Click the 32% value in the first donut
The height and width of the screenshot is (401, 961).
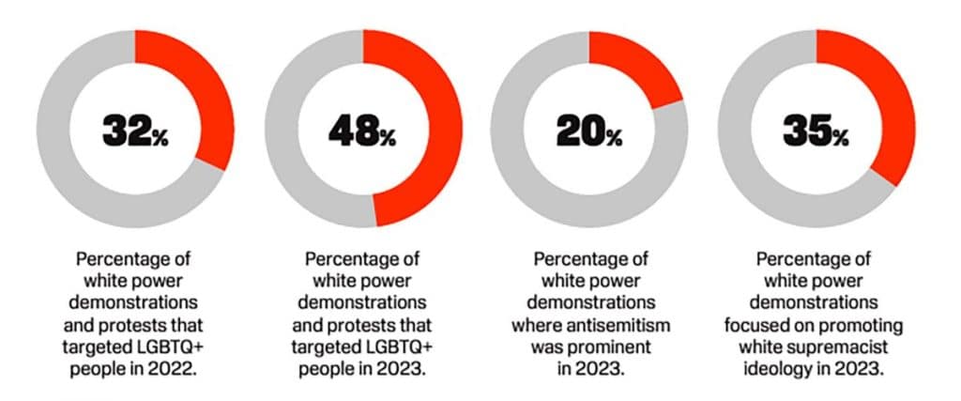(x=135, y=131)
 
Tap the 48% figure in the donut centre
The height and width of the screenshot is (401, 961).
(x=362, y=131)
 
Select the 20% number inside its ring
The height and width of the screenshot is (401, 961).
(x=588, y=131)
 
